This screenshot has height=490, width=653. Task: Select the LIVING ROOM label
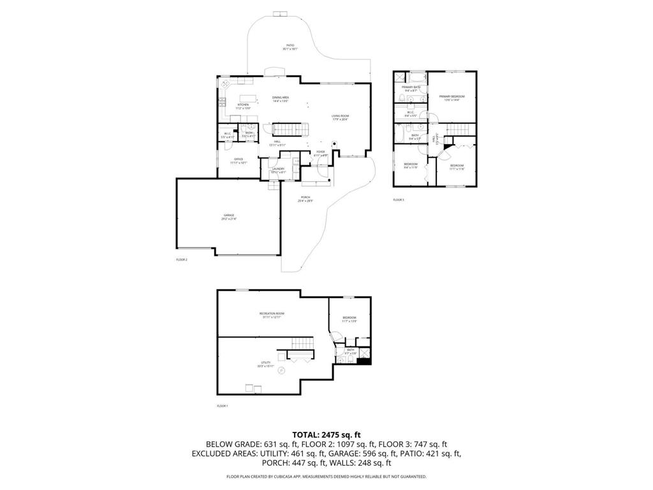[x=340, y=117]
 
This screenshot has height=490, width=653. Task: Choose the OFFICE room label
[x=238, y=160]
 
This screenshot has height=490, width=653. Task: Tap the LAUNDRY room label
[x=277, y=170]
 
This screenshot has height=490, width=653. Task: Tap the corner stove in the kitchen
[x=225, y=84]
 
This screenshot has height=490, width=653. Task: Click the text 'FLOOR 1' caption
[x=223, y=406]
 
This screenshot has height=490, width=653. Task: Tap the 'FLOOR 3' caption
[x=399, y=200]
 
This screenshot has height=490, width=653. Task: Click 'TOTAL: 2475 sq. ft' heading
[x=326, y=434]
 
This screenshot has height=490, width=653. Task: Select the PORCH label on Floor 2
[x=304, y=198]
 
